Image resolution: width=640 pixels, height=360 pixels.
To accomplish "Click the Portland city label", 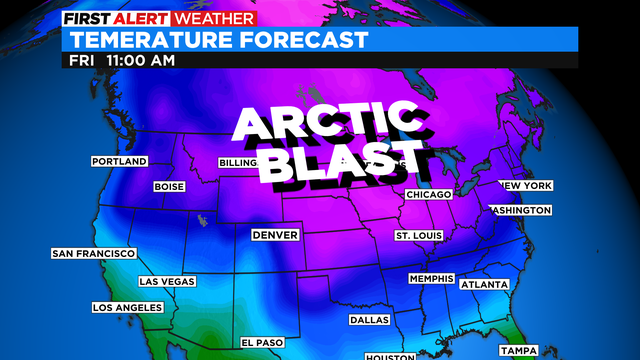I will coord(119,161).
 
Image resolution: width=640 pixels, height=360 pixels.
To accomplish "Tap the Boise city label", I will coord(169,187).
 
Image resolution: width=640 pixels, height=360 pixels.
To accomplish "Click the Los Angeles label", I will coord(128,307).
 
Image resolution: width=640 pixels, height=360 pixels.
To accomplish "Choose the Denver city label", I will coord(276,235).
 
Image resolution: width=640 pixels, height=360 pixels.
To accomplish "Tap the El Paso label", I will coord(263,342).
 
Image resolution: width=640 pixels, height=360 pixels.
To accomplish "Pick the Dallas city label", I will coord(369,320).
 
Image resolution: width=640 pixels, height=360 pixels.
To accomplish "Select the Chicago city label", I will coord(429,194).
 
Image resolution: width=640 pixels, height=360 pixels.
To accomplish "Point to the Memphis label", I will coord(431,278).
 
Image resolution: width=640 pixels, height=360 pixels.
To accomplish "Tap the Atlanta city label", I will coord(484,285).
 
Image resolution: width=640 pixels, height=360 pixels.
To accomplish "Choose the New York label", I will coord(526,186).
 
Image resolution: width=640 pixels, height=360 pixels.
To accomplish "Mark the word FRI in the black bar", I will coord(82,60).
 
